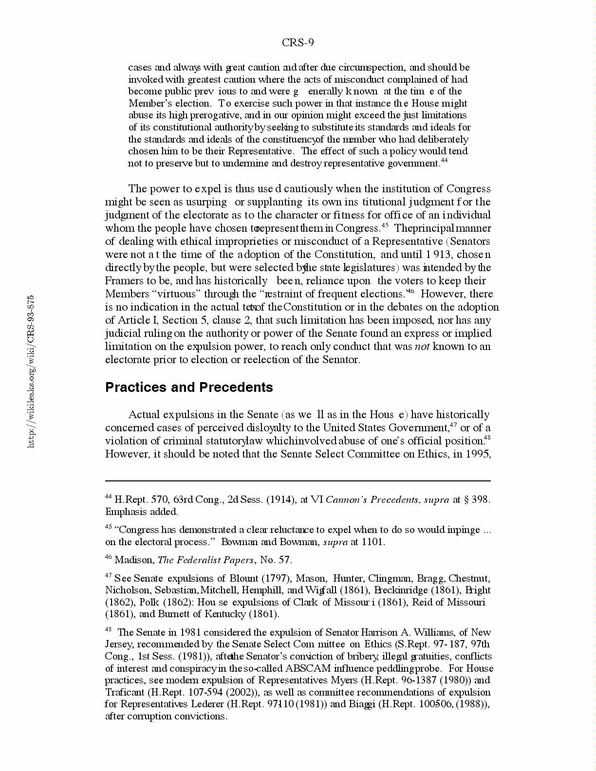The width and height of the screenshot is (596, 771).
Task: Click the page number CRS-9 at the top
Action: coord(298,43)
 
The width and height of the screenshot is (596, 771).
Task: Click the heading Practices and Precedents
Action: coord(189,387)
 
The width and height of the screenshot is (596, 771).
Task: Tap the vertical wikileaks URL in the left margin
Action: coord(31,371)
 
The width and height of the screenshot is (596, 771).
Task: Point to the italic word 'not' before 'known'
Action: coord(422,347)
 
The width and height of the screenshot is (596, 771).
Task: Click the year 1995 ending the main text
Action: coord(478,454)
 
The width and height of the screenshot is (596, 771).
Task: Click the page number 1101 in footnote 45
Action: coord(372,542)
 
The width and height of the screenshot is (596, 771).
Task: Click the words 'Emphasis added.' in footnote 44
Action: coord(142,512)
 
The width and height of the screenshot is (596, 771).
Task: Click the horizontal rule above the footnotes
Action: coord(298,481)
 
